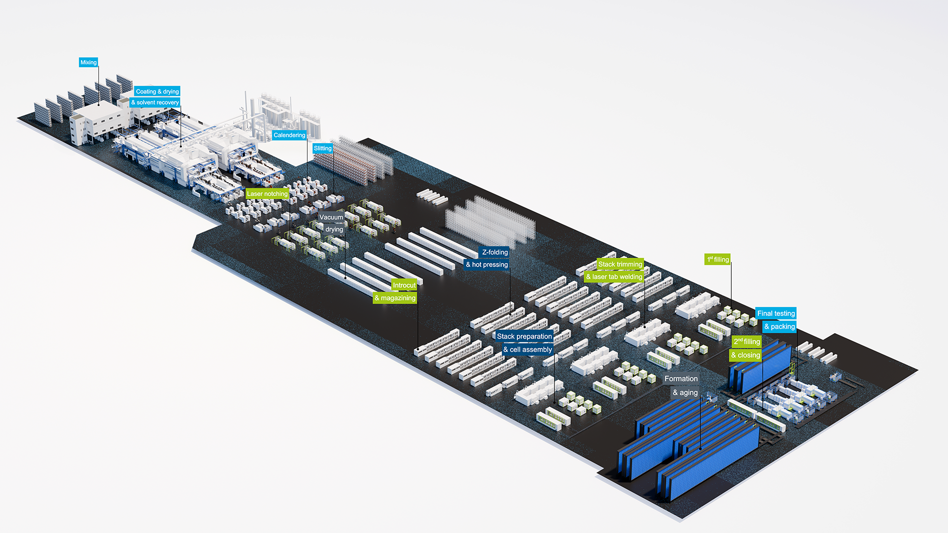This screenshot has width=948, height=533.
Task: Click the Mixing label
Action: click(88, 62)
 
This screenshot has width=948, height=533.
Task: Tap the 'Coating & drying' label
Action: click(157, 91)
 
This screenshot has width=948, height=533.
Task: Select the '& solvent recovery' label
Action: click(155, 103)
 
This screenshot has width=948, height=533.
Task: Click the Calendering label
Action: click(289, 135)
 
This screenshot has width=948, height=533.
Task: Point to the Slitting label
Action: click(322, 148)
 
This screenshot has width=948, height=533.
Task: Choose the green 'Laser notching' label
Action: click(267, 194)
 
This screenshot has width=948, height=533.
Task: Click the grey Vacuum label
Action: click(331, 217)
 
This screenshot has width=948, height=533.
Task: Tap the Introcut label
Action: click(404, 285)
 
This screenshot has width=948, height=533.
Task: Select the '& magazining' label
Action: click(395, 298)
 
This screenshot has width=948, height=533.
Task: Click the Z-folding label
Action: click(495, 252)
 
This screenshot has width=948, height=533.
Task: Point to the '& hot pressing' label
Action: click(487, 265)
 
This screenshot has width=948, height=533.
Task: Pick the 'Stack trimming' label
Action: click(620, 264)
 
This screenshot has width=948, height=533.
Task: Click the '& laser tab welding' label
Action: click(614, 277)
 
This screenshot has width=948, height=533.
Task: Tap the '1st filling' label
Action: click(717, 260)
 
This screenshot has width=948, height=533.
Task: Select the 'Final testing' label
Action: click(776, 313)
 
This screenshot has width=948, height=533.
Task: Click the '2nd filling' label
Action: click(747, 342)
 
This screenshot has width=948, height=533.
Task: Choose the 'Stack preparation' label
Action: click(524, 337)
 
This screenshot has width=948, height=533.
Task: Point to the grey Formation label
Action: click(681, 379)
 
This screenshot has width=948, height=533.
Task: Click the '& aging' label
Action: click(685, 393)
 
